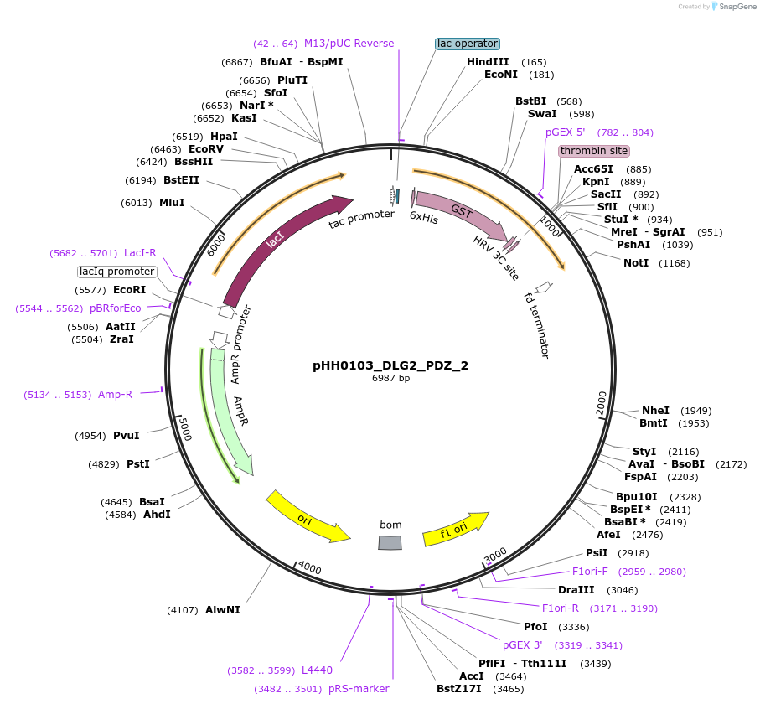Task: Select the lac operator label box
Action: point(468,44)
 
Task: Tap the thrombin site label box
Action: point(594,151)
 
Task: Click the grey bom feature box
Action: point(390,543)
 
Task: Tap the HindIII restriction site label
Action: point(488,62)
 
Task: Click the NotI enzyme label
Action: point(636,263)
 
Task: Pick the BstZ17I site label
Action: point(458,689)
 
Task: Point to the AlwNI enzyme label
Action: point(222,610)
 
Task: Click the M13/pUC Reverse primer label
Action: point(349,44)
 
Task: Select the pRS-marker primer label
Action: point(359,689)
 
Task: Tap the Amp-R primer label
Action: point(115,395)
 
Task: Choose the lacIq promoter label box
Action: point(117,272)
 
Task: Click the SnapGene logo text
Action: point(735,7)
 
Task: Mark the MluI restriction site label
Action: point(172,203)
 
